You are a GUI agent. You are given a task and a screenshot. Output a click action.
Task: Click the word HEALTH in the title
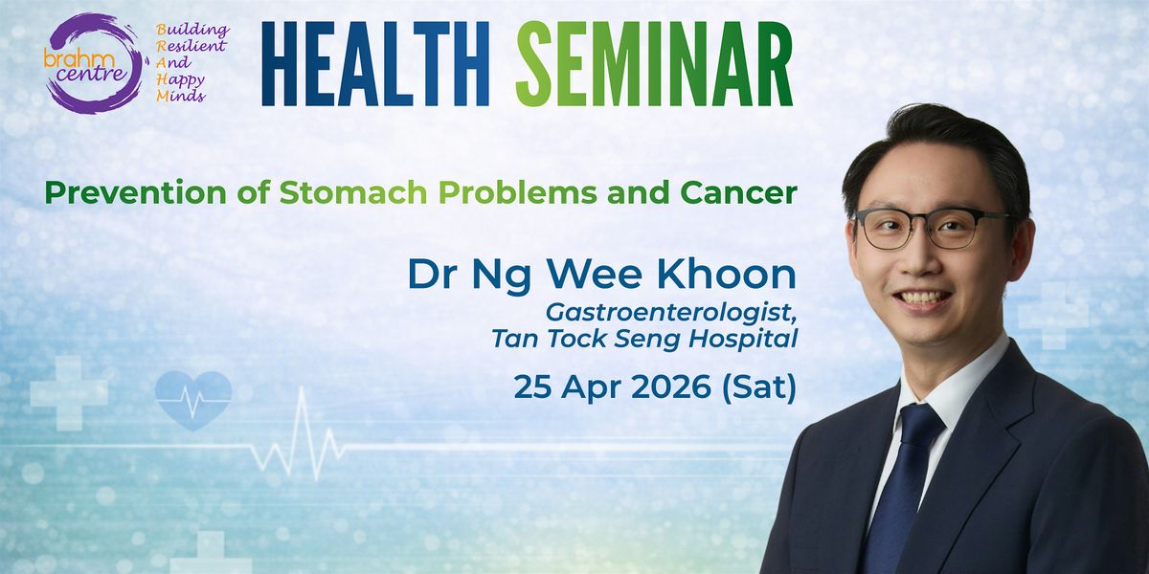[375, 64]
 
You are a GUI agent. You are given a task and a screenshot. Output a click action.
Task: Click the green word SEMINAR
[655, 64]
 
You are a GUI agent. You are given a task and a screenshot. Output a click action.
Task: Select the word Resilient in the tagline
[191, 46]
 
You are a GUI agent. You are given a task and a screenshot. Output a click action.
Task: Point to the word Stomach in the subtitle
[353, 192]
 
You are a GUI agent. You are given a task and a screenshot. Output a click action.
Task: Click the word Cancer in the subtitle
[738, 192]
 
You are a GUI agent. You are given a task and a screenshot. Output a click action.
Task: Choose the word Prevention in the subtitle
[136, 192]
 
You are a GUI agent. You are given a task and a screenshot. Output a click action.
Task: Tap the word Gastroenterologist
[671, 313]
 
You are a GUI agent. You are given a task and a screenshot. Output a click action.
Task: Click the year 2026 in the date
[671, 386]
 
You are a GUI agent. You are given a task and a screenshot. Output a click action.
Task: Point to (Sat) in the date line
[758, 387]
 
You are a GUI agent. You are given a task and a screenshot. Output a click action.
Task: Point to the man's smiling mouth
[922, 299]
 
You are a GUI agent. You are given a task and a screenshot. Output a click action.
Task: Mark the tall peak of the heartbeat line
[301, 389]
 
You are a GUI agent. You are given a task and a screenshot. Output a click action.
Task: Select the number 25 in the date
[533, 386]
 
